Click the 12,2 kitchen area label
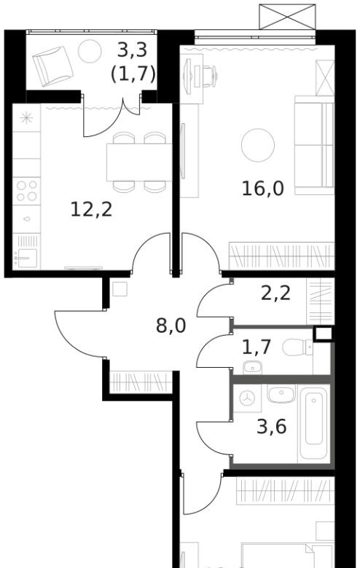click(x=91, y=210)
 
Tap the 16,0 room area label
click(x=263, y=189)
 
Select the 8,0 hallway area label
click(x=171, y=326)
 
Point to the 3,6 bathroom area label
click(x=272, y=426)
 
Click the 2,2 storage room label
click(x=276, y=293)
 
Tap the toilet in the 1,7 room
click(x=297, y=347)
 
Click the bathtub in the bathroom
click(x=314, y=423)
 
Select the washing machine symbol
click(x=247, y=398)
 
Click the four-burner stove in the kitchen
click(x=26, y=191)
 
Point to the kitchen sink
click(x=26, y=257)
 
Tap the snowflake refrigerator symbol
click(x=26, y=118)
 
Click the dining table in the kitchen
click(x=139, y=162)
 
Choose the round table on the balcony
click(x=90, y=51)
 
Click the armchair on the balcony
click(x=52, y=66)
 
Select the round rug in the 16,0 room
click(x=258, y=145)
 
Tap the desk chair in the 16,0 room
click(x=207, y=76)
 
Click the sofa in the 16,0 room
click(x=314, y=145)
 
